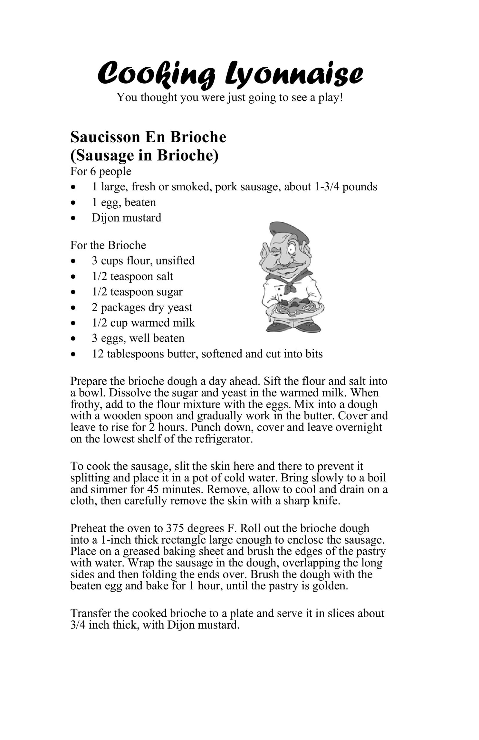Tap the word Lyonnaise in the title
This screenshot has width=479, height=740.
tap(294, 73)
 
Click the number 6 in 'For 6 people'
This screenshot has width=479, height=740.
tap(93, 171)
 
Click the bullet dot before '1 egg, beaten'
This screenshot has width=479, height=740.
tap(73, 203)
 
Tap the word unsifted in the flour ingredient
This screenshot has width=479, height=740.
tap(175, 260)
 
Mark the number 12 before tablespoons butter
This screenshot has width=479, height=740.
tap(98, 354)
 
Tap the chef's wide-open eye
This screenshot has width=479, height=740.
tap(292, 249)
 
